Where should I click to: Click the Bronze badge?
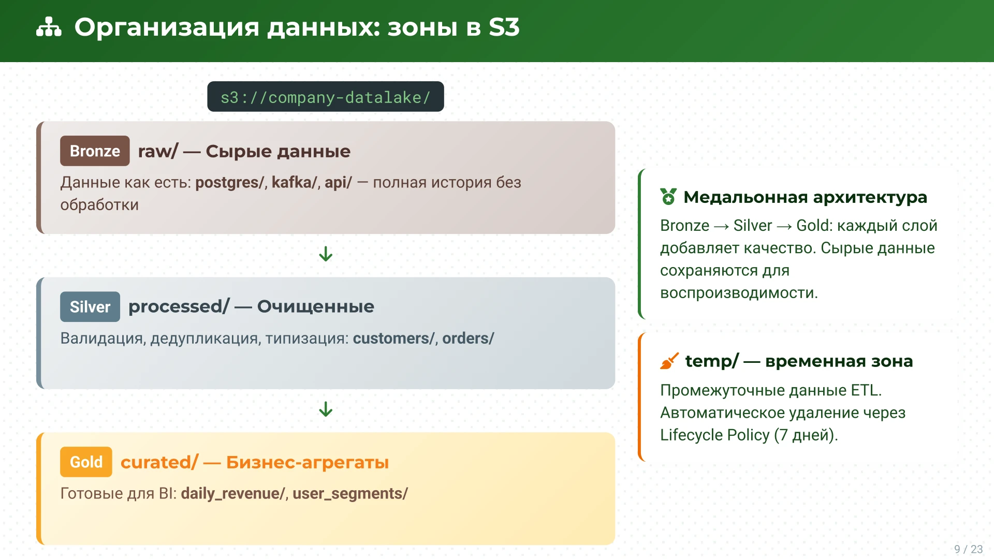(x=95, y=151)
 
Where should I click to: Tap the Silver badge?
(x=90, y=307)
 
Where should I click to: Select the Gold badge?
(x=86, y=462)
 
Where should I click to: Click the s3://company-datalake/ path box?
(x=326, y=97)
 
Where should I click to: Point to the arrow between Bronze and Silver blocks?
(x=326, y=254)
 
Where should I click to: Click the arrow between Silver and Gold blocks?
(x=326, y=409)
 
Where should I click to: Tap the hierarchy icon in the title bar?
(x=49, y=27)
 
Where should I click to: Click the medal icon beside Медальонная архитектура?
(x=668, y=197)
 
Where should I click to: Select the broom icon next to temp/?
(x=669, y=361)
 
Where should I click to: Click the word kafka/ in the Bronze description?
(x=294, y=182)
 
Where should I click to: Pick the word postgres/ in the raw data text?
(x=229, y=182)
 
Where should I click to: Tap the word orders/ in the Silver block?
(x=468, y=338)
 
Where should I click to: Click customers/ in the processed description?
(x=393, y=338)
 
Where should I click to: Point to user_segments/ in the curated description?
(x=350, y=493)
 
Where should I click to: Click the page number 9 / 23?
(x=968, y=549)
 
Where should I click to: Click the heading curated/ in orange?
(x=159, y=462)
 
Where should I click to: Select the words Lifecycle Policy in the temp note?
(x=714, y=435)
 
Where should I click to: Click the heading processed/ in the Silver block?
(x=179, y=306)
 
